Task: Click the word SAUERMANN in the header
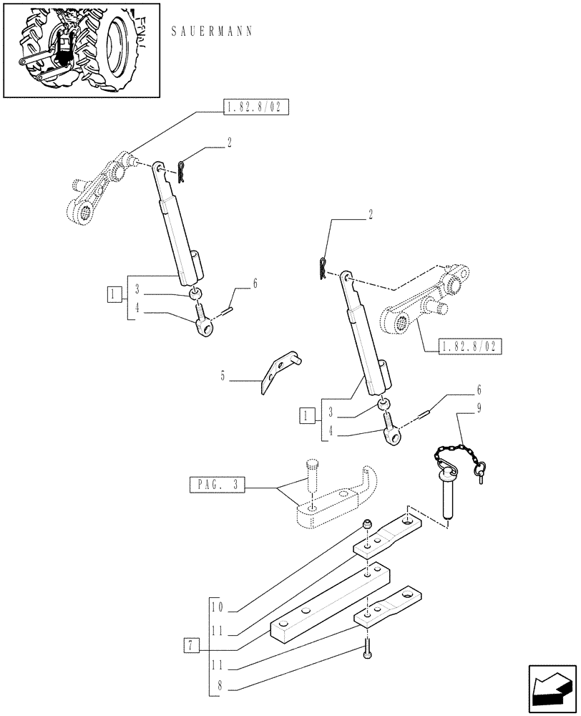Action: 212,33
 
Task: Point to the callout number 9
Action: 479,410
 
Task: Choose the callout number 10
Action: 218,607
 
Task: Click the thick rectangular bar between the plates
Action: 329,601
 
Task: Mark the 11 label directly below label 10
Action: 218,630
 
